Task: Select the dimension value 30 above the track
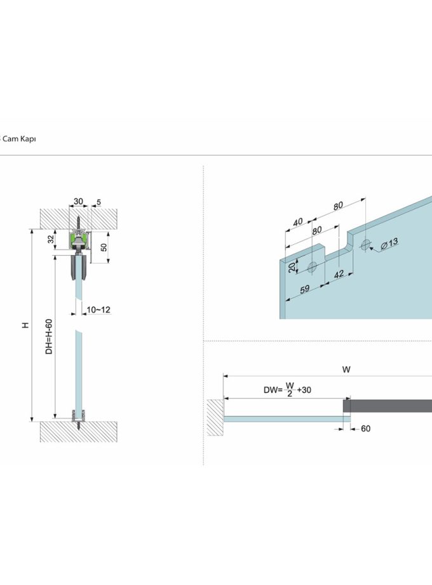point(78,202)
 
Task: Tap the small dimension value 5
point(98,202)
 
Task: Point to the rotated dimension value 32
point(51,239)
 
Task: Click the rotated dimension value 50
point(104,247)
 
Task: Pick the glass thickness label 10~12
point(98,310)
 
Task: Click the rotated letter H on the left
point(25,325)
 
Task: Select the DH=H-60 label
point(49,336)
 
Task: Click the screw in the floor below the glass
point(79,425)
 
